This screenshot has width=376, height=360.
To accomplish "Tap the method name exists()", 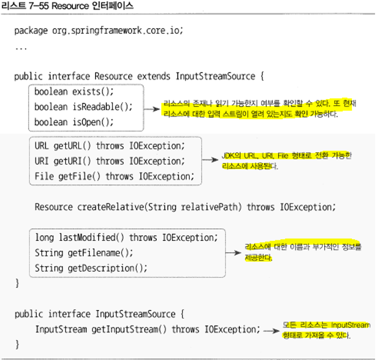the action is pyautogui.click(x=93, y=91).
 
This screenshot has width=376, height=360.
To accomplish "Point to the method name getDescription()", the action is pyautogui.click(x=105, y=268).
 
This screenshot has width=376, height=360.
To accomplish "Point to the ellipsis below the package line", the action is pyautogui.click(x=21, y=48).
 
